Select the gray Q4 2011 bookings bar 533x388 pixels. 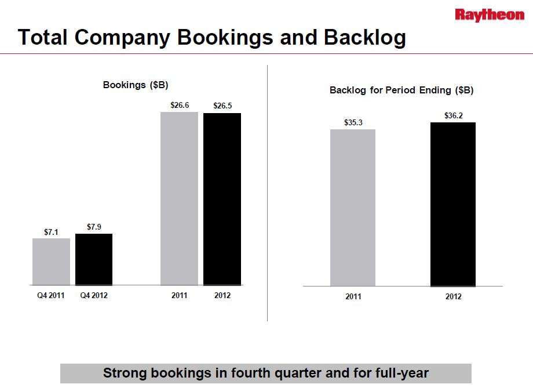pyautogui.click(x=51, y=262)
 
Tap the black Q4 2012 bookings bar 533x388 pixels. pyautogui.click(x=94, y=259)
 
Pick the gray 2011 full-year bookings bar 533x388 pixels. pyautogui.click(x=179, y=198)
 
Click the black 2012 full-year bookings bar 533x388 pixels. pyautogui.click(x=222, y=199)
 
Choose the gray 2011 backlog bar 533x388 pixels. pyautogui.click(x=353, y=208)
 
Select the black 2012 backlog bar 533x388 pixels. pyautogui.click(x=453, y=204)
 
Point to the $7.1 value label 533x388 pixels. pyautogui.click(x=51, y=232)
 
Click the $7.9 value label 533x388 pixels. pyautogui.click(x=94, y=227)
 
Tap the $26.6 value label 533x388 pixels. pyautogui.click(x=179, y=106)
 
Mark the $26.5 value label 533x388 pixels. pyautogui.click(x=222, y=106)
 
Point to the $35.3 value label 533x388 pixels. pyautogui.click(x=353, y=122)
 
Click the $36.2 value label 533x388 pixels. pyautogui.click(x=453, y=115)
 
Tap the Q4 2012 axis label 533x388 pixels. pyautogui.click(x=94, y=295)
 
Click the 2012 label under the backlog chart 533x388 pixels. pyautogui.click(x=453, y=296)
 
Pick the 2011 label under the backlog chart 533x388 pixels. pyautogui.click(x=353, y=296)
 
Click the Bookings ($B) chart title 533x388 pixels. pyautogui.click(x=136, y=85)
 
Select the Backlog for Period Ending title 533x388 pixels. pyautogui.click(x=401, y=90)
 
